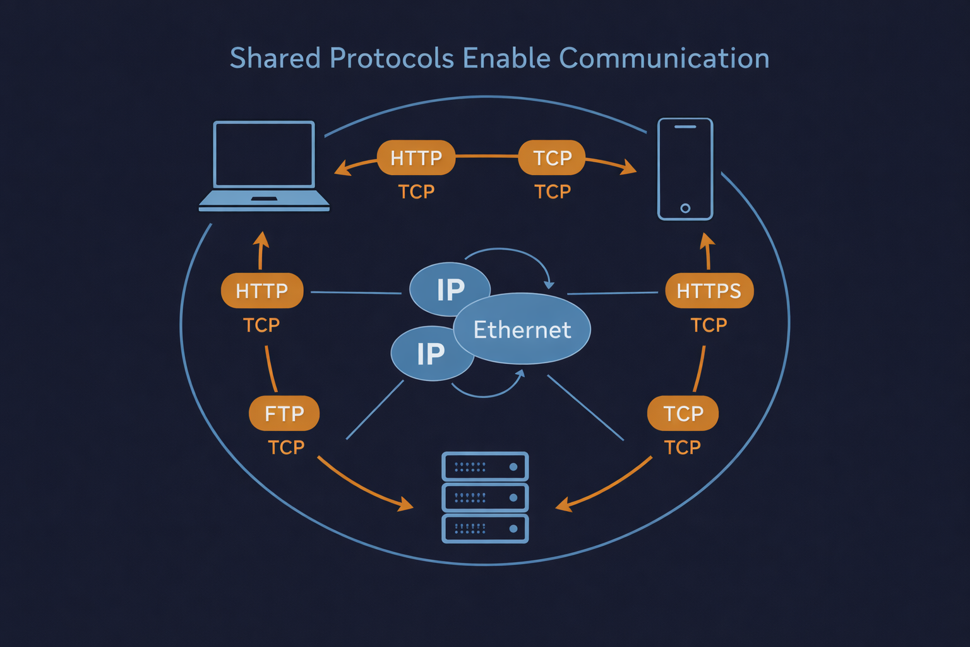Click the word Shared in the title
tap(275, 58)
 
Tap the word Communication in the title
tap(664, 58)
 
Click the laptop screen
tap(264, 155)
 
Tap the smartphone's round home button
tap(685, 208)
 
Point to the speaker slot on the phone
tap(685, 127)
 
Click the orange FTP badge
tap(284, 413)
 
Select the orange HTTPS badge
tap(709, 291)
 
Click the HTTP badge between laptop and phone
tap(416, 157)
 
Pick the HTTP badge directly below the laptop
tap(262, 291)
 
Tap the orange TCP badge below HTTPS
tap(683, 413)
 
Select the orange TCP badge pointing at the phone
tap(552, 157)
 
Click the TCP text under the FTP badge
tap(286, 447)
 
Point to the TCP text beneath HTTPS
tap(709, 325)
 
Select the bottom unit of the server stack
tap(485, 529)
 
